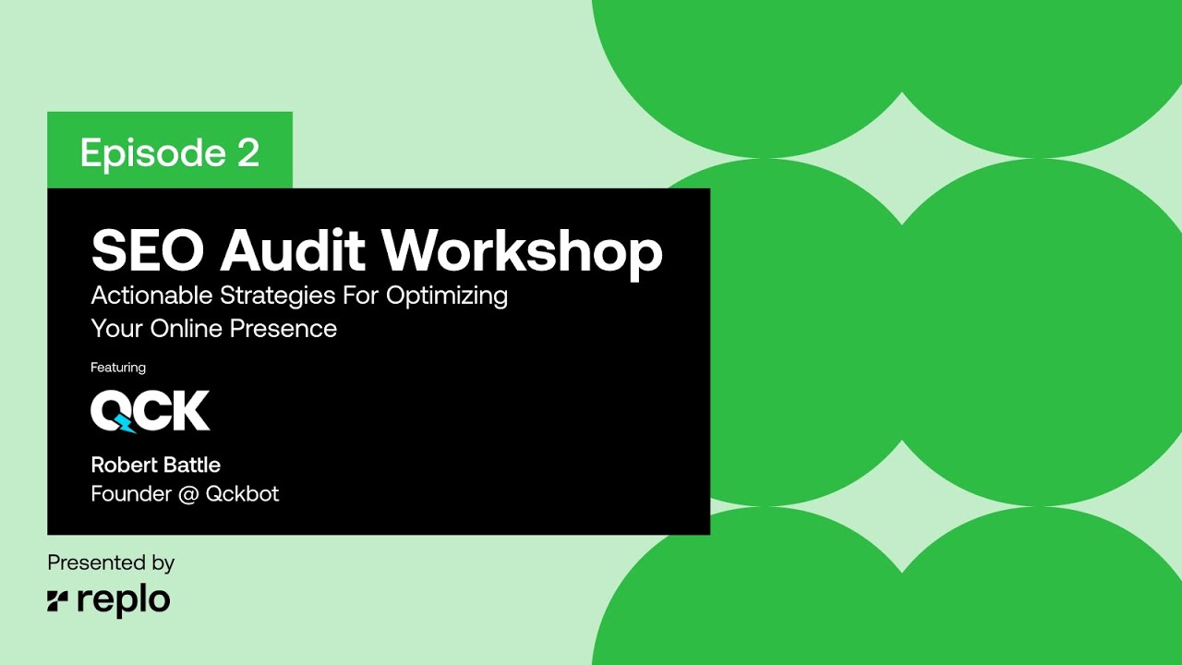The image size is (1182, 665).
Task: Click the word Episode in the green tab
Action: [x=151, y=152]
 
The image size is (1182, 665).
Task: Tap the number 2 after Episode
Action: [x=248, y=152]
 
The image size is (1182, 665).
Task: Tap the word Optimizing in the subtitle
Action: [x=448, y=296]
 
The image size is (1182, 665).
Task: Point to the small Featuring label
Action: [x=118, y=368]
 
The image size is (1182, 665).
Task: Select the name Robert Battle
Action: [x=155, y=464]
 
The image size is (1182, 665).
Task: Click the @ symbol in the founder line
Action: [x=188, y=494]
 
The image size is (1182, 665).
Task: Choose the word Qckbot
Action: [x=242, y=494]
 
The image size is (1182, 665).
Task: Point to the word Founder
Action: [x=131, y=494]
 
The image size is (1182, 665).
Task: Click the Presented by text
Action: [x=111, y=562]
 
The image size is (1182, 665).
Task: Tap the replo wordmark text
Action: [x=124, y=601]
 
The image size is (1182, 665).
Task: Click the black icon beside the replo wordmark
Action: [x=58, y=601]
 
